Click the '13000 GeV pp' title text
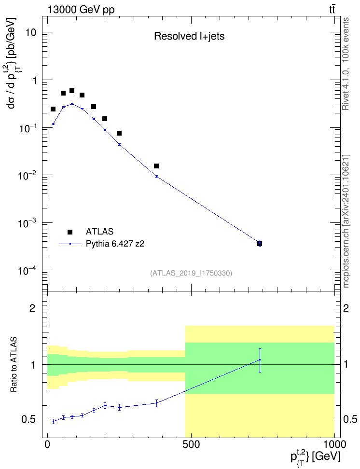click(x=81, y=10)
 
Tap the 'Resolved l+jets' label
click(x=189, y=36)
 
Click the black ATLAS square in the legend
click(x=70, y=232)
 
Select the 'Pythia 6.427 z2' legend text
click(x=115, y=244)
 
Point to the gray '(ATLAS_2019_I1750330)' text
click(x=191, y=273)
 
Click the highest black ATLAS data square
click(x=72, y=91)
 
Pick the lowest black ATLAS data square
click(x=260, y=244)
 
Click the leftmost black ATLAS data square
click(x=53, y=109)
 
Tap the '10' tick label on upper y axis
click(x=30, y=32)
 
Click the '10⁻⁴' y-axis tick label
click(x=27, y=270)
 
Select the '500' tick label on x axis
click(x=191, y=444)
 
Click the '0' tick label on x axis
click(x=47, y=444)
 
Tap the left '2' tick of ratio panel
click(x=32, y=308)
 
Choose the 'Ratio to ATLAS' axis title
click(x=14, y=365)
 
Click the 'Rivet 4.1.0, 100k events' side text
click(x=346, y=64)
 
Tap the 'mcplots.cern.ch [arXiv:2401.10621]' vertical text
click(x=346, y=221)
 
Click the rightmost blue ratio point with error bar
click(x=260, y=360)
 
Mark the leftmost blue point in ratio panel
click(x=53, y=421)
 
